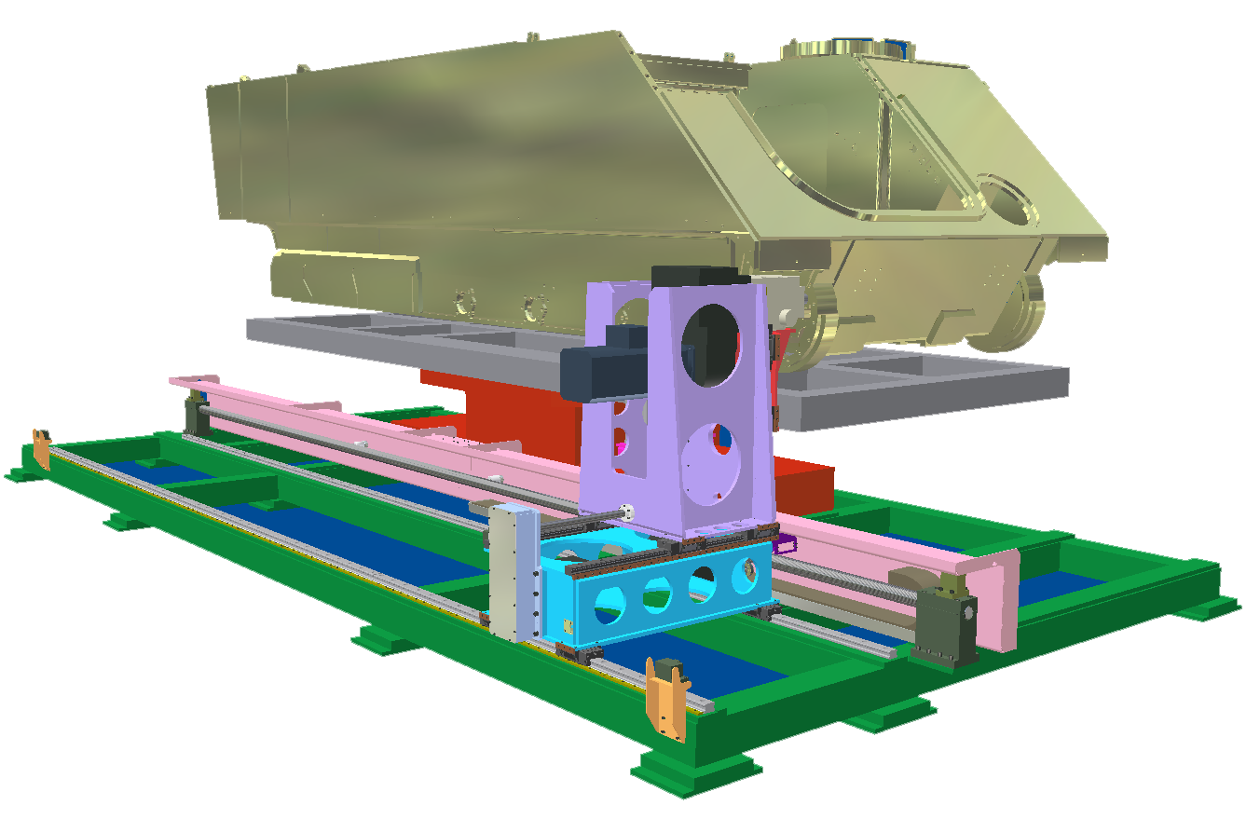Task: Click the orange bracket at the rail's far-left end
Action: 42,449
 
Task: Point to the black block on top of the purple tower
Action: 699,275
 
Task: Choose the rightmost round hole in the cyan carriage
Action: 746,575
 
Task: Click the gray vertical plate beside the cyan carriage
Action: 512,573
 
